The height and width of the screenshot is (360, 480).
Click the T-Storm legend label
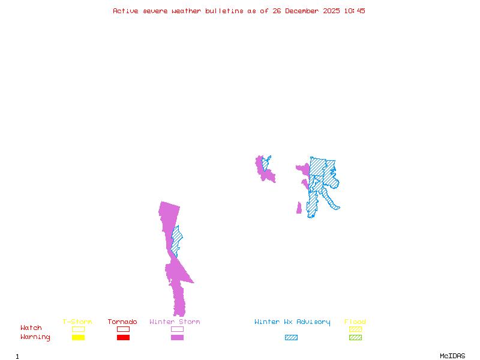tap(77, 322)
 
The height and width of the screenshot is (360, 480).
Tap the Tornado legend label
tap(122, 322)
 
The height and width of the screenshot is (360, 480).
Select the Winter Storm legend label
tap(175, 322)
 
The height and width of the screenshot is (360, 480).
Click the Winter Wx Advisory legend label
tap(292, 322)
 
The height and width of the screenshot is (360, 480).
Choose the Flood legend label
tap(355, 322)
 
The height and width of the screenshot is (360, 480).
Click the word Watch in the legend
tap(31, 328)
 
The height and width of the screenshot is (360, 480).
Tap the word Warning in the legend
tap(35, 337)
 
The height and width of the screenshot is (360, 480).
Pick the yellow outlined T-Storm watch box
tap(78, 329)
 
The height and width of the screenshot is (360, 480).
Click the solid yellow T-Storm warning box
tap(78, 337)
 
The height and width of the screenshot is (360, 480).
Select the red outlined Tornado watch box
tap(123, 329)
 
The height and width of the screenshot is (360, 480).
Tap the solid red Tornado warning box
tap(123, 337)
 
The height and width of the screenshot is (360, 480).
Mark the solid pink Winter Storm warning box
tap(177, 337)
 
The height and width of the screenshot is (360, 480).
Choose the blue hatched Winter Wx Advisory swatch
tap(291, 337)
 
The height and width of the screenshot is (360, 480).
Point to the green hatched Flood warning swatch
tap(355, 337)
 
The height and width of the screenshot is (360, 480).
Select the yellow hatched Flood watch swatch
tap(355, 329)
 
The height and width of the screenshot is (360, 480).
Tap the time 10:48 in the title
tap(354, 11)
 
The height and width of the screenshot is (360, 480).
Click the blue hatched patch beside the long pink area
tap(176, 240)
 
